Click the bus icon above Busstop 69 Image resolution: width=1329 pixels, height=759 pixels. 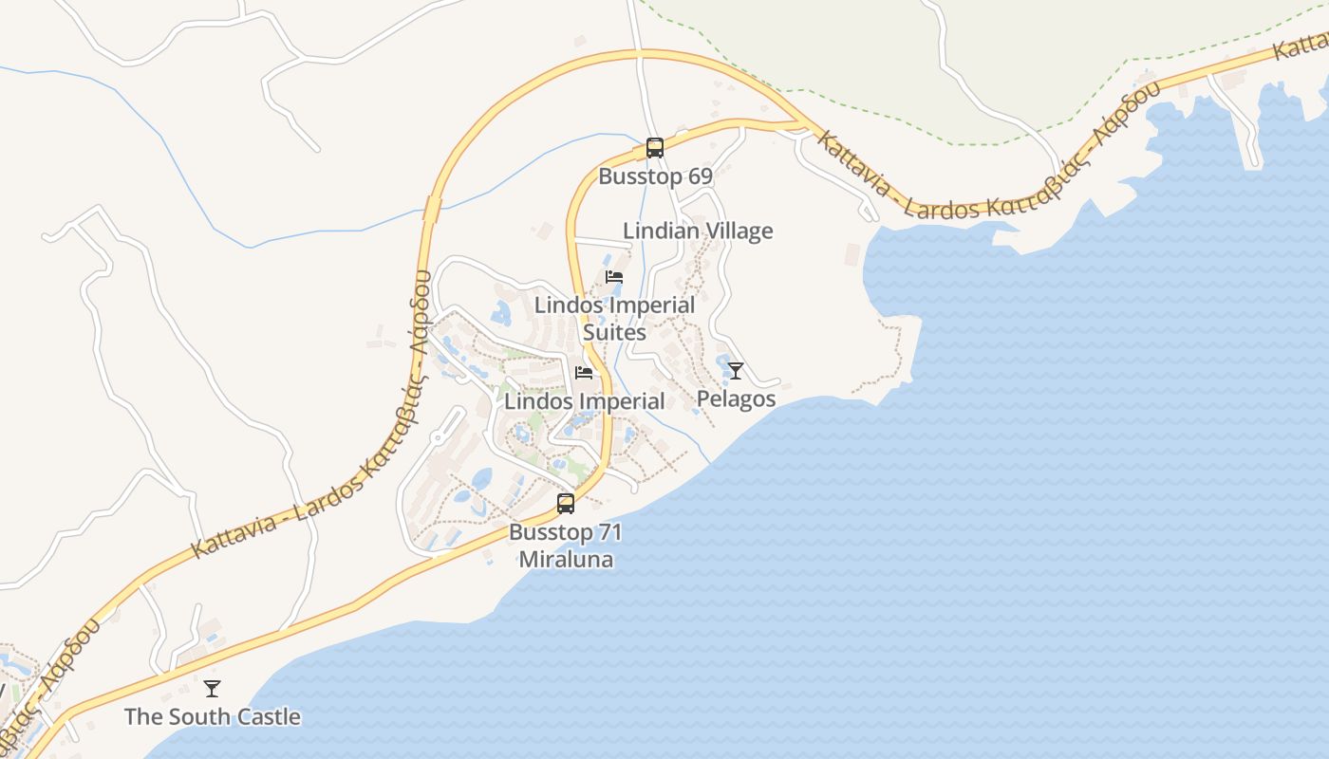[654, 148]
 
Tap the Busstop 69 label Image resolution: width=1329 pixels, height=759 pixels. [655, 176]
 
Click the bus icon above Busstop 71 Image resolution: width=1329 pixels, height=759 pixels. [566, 504]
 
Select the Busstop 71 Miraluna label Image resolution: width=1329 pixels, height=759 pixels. [566, 546]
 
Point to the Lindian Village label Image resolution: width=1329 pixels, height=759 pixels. [698, 231]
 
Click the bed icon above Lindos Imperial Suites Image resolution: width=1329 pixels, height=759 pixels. [614, 277]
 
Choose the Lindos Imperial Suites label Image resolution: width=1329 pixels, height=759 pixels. [614, 319]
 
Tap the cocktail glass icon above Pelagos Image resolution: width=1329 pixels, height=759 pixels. [735, 370]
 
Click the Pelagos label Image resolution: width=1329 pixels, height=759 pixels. [736, 398]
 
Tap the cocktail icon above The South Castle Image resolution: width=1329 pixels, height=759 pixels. [212, 688]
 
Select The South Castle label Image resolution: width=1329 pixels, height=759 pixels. [213, 716]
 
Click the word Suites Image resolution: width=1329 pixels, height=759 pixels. [614, 333]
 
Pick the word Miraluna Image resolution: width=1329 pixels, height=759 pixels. [566, 560]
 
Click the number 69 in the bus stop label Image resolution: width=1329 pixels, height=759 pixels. [700, 176]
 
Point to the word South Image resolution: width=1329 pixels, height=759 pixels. [200, 716]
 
